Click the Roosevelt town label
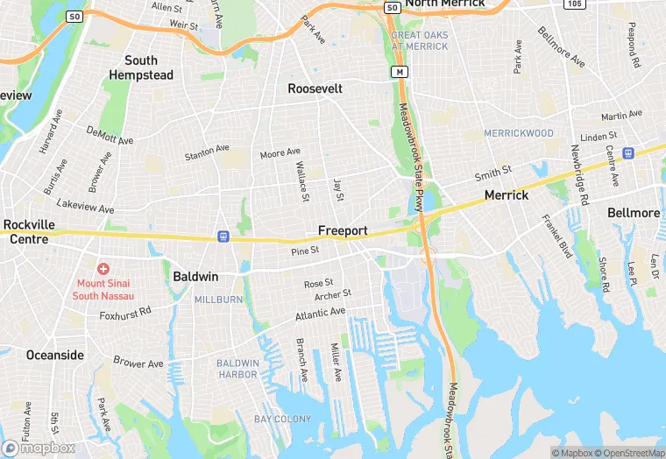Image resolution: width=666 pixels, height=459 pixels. pos(315,88)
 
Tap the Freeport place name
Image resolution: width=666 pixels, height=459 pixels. pos(343,230)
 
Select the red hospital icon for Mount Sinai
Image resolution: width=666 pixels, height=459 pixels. pos(103,268)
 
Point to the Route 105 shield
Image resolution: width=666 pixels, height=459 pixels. pos(575,4)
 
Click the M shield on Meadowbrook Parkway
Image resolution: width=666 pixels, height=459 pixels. pos(400,71)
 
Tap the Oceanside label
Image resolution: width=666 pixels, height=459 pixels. pos(55,355)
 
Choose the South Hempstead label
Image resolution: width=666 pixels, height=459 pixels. pos(141,67)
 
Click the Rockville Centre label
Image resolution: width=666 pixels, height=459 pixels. pos(29,231)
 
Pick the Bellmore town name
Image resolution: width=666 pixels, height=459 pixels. pos(634,213)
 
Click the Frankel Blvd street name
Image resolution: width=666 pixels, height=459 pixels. pos(556,236)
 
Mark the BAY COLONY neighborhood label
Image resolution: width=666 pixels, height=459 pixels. pos(282,420)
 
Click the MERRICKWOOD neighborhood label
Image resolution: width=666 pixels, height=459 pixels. pos(520,133)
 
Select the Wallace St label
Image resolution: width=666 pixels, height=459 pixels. pos(302,180)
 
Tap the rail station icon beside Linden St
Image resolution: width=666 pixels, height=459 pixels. pos(628,152)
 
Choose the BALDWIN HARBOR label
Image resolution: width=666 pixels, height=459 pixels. pos(237,369)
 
